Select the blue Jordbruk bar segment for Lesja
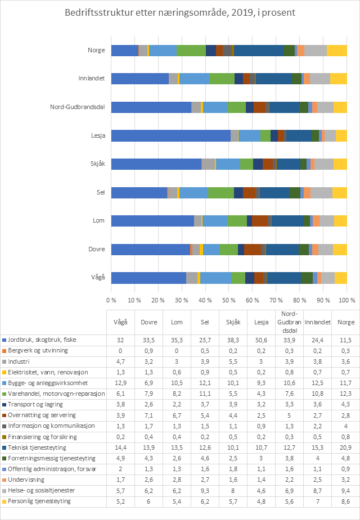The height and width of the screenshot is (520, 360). tap(170, 135)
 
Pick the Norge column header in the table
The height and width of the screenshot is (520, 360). tap(345, 323)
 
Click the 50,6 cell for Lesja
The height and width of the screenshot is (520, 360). tap(261, 340)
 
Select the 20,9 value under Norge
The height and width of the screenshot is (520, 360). tap(345, 447)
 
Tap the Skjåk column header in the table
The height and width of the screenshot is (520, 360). tap(233, 323)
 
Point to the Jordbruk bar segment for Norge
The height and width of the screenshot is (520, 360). tap(124, 50)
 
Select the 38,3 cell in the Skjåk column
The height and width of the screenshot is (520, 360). tap(233, 340)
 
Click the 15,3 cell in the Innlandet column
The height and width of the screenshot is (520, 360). tap(317, 447)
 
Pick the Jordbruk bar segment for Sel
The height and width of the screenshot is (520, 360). tap(139, 192)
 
